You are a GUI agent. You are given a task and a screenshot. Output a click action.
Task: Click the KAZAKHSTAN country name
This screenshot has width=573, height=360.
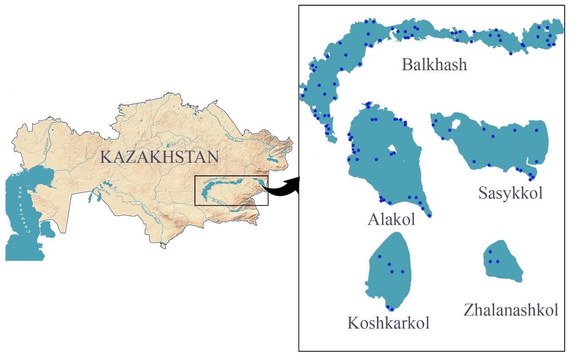[x=159, y=156]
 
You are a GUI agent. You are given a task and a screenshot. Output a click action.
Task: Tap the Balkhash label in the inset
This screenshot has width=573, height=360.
[x=434, y=65]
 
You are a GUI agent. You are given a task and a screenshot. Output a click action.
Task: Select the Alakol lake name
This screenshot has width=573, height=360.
[x=391, y=219]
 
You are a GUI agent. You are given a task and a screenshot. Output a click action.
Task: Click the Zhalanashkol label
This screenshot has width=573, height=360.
[x=511, y=310]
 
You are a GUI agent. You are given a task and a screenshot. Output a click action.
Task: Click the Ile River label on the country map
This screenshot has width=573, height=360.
[x=218, y=202]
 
